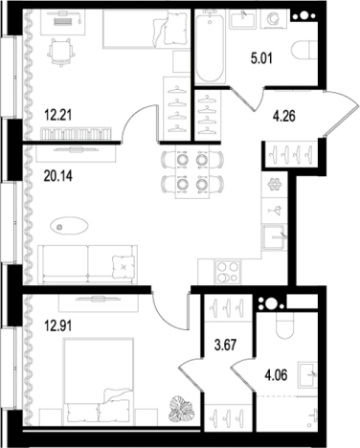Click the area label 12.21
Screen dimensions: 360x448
(x=58, y=115)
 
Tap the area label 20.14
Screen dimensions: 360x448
(x=58, y=176)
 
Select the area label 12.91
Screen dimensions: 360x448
(x=58, y=326)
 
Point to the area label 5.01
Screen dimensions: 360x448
(x=261, y=59)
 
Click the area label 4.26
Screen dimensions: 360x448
(x=283, y=117)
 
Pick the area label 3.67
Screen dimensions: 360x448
(x=225, y=346)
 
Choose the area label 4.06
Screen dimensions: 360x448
(x=276, y=375)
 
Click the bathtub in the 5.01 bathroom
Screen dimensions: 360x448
(x=210, y=46)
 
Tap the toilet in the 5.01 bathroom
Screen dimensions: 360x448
(x=304, y=50)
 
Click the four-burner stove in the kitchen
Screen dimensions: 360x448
(x=228, y=272)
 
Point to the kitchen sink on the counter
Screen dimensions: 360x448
(x=274, y=236)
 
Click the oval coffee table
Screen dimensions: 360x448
(x=69, y=226)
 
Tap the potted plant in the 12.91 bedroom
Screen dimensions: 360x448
(x=182, y=408)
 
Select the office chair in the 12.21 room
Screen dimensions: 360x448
(x=60, y=52)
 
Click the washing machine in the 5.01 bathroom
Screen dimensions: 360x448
(x=273, y=19)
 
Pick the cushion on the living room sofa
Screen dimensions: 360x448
(x=124, y=267)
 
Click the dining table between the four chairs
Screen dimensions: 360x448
(x=191, y=172)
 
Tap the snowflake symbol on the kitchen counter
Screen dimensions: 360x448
(x=274, y=185)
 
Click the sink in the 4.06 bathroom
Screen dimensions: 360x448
(x=307, y=374)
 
